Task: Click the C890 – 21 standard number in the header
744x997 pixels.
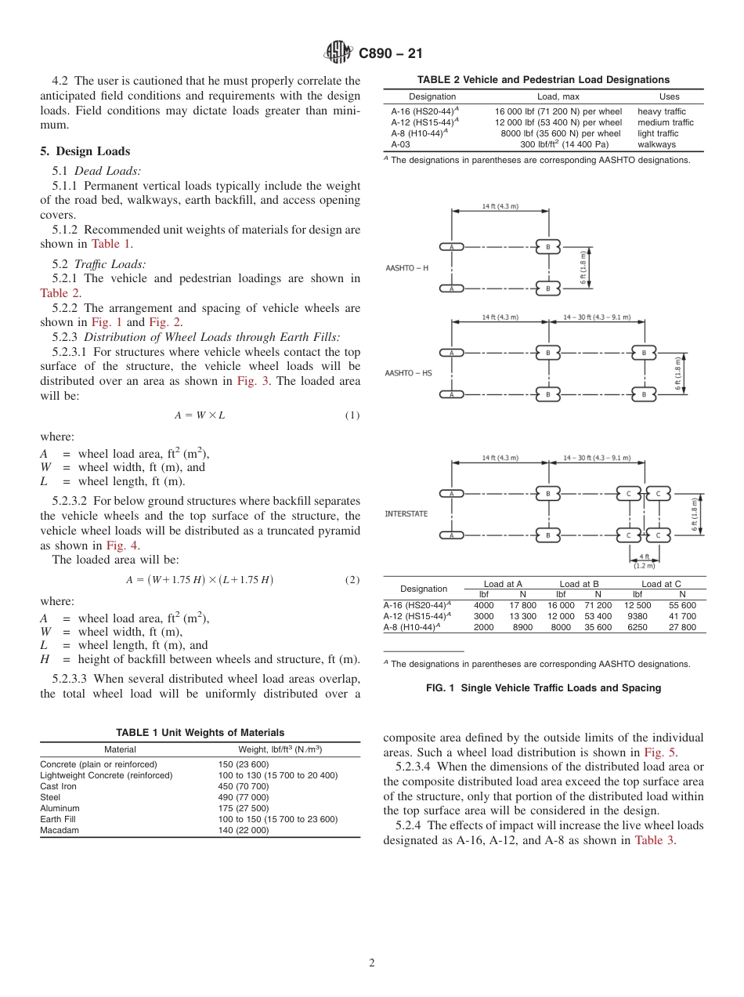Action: (x=390, y=53)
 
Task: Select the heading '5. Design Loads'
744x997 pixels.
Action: (x=85, y=151)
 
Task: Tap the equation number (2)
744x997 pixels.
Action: (x=352, y=580)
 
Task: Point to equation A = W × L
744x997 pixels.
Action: (x=199, y=415)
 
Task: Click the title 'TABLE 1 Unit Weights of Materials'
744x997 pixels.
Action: (x=200, y=733)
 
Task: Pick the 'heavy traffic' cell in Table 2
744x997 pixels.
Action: (x=661, y=112)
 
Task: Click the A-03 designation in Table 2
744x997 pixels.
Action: (x=400, y=144)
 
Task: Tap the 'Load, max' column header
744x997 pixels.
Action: (x=558, y=97)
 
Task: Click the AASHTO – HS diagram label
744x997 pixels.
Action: (x=408, y=373)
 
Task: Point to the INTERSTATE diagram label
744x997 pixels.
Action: (x=406, y=514)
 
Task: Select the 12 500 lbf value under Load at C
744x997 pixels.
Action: (x=637, y=605)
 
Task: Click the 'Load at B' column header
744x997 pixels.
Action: (x=579, y=584)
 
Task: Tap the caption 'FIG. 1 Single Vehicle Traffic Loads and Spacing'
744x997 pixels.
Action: (x=544, y=688)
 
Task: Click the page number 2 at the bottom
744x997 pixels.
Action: (x=372, y=963)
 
